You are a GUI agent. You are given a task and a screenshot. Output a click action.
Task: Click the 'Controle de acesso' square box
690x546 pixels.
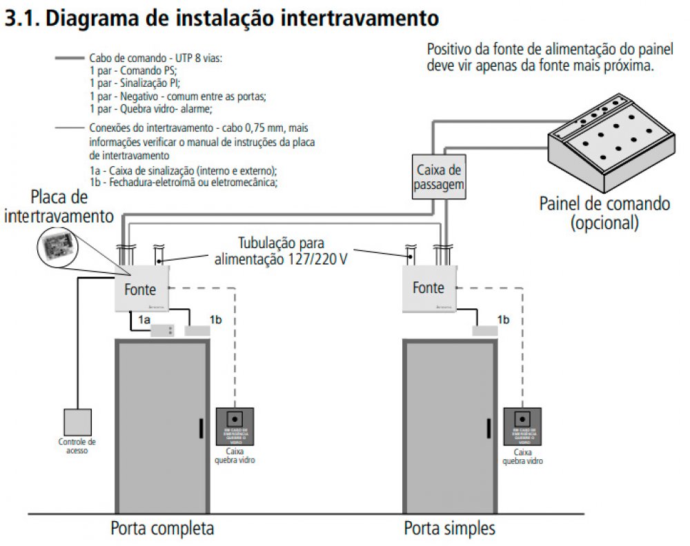[x=77, y=423]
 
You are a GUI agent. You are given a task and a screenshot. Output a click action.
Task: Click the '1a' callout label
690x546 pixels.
[x=144, y=319]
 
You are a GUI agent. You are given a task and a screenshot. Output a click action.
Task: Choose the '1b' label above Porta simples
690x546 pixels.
[x=504, y=319]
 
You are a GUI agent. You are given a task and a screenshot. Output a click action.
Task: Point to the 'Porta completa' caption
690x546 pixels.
[x=162, y=529]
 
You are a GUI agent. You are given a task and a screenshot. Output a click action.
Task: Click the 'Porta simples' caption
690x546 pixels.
[x=450, y=529]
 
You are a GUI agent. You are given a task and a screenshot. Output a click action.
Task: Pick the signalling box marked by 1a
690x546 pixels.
[x=163, y=331]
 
